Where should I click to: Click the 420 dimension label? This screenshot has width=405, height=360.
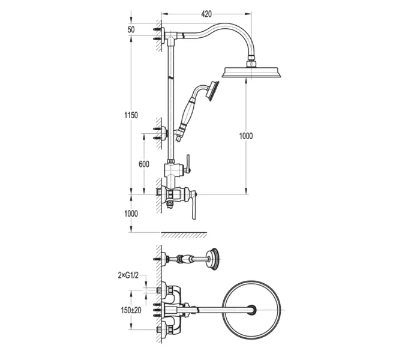point(206,14)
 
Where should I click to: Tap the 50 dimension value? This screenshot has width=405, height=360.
point(131,29)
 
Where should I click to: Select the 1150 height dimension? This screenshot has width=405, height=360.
point(131,115)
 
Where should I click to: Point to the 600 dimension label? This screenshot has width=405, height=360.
point(144,164)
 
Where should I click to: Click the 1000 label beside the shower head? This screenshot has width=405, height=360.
point(246,136)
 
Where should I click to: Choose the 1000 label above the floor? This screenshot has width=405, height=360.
point(131,214)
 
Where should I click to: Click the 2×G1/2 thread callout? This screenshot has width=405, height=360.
point(128,275)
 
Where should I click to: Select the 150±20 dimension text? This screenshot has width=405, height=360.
point(131,310)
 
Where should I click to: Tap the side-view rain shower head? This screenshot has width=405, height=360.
point(251,73)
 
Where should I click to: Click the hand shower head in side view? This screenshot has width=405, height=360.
point(213,91)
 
